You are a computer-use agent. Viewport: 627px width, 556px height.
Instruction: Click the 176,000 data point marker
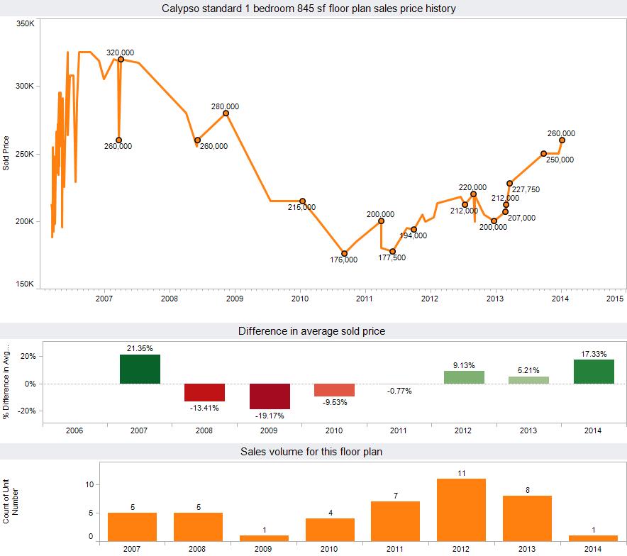click(344, 253)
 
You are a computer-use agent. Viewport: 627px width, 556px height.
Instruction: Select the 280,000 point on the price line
click(226, 113)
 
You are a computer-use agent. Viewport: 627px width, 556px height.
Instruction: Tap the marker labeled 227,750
click(509, 183)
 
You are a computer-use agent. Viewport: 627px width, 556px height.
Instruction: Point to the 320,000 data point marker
click(121, 60)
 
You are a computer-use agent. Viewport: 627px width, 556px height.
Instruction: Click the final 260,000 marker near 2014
click(562, 140)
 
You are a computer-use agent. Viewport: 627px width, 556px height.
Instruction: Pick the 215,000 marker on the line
click(302, 201)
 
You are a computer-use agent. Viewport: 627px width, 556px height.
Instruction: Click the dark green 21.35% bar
click(140, 369)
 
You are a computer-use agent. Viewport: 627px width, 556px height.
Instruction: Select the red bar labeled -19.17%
click(270, 396)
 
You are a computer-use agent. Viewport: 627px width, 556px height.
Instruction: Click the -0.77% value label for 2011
click(399, 390)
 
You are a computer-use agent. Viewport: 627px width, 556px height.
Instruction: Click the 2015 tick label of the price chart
click(615, 299)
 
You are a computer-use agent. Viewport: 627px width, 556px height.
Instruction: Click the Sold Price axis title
click(6, 153)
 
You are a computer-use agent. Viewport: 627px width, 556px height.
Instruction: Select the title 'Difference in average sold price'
click(311, 330)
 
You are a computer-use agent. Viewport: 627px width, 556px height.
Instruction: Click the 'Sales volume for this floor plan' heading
click(312, 451)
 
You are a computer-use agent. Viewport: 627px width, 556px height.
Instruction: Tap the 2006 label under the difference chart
click(74, 430)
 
